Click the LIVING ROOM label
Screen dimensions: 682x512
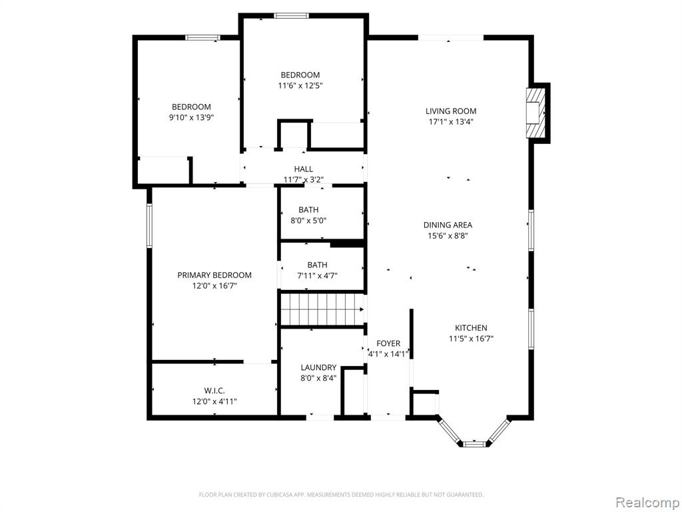click(x=451, y=111)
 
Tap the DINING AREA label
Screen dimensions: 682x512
click(x=448, y=225)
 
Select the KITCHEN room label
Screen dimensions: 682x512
click(x=471, y=328)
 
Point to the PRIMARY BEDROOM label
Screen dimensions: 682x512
click(x=214, y=275)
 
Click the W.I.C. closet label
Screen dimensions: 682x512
click(x=214, y=391)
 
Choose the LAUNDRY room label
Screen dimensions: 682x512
click(x=318, y=367)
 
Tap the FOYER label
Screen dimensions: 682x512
click(x=388, y=343)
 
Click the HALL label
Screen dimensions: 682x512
click(x=303, y=169)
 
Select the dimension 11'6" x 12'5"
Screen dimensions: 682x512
click(x=300, y=86)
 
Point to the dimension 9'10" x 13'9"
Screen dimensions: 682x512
click(x=191, y=117)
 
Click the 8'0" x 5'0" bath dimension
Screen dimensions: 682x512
click(x=308, y=221)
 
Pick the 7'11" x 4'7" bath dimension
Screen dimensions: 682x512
click(x=317, y=275)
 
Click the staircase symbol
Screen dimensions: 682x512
click(x=322, y=309)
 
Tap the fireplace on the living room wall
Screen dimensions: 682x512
click(x=535, y=113)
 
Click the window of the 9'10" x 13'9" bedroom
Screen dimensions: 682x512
click(x=202, y=37)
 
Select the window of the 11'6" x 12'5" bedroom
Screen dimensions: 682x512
click(x=292, y=16)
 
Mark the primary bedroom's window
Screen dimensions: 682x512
click(x=149, y=226)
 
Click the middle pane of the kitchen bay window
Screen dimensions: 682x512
click(x=474, y=444)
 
